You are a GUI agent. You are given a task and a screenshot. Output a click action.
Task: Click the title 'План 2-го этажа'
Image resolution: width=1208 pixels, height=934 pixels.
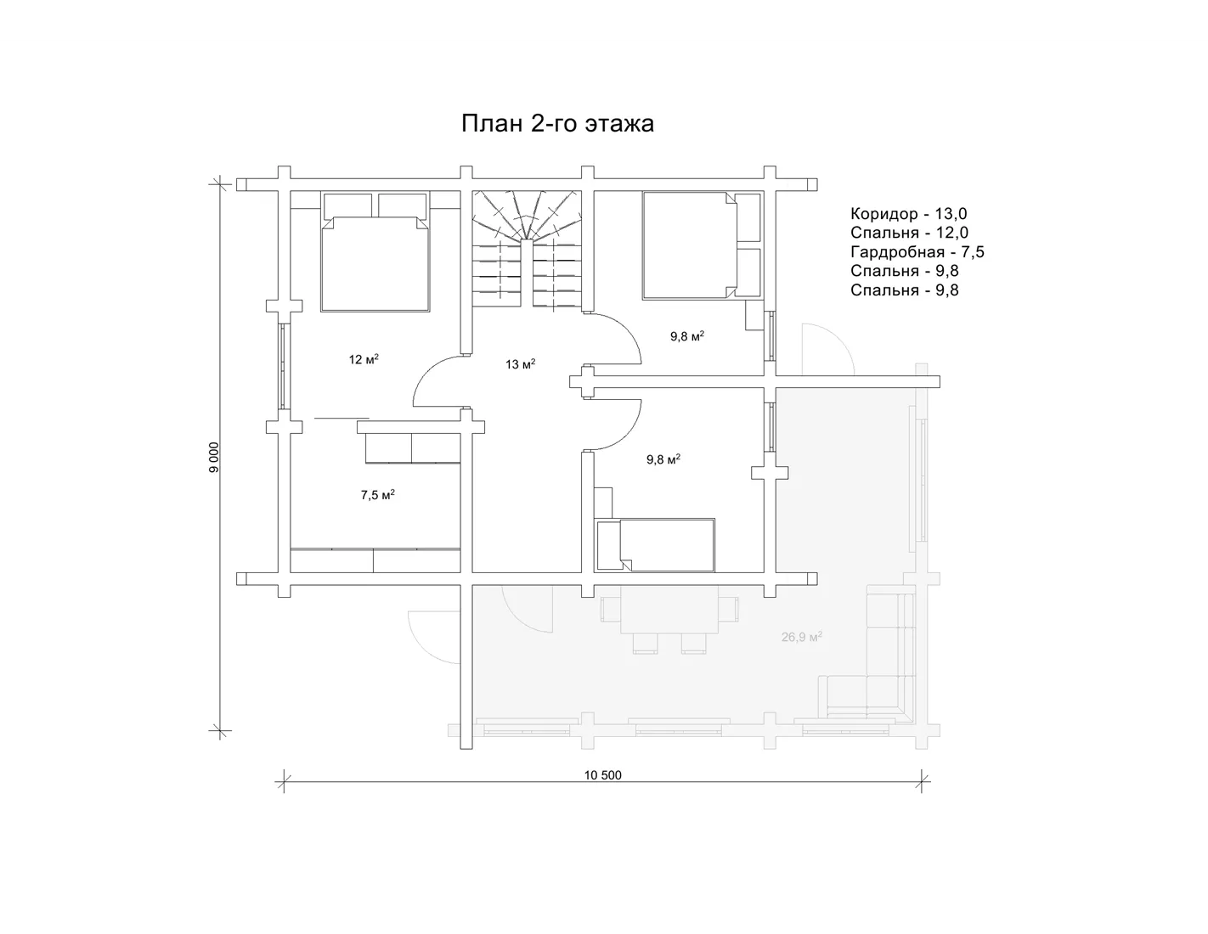point(557,123)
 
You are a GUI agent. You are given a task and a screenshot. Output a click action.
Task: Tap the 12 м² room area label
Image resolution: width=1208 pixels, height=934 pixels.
point(364,359)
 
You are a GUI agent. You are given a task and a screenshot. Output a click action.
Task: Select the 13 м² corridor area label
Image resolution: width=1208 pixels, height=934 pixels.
point(521,364)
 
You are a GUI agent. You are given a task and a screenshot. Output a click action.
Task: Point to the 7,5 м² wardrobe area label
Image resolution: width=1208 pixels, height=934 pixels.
point(378,494)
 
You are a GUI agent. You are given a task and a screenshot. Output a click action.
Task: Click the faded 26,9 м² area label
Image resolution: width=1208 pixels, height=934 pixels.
point(802,637)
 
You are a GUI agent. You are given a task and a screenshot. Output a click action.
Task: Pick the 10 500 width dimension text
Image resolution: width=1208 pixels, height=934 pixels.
point(602,775)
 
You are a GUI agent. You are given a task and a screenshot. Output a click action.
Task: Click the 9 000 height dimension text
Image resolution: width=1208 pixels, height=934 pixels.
point(215,458)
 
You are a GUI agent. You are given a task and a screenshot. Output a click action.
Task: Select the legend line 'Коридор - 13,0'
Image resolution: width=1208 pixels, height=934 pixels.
point(908,213)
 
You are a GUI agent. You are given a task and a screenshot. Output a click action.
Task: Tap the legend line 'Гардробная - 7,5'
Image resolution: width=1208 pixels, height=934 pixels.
point(917,251)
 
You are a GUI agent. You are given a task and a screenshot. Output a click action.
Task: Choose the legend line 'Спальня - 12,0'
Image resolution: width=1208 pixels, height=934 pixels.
point(909,233)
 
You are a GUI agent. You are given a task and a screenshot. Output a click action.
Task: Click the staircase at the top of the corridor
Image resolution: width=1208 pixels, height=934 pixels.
point(527,249)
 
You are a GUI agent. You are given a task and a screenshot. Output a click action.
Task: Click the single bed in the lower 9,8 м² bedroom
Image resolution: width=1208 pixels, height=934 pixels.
point(654,545)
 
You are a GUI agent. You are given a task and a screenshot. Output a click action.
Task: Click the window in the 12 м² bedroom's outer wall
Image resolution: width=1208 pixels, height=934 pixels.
point(284,366)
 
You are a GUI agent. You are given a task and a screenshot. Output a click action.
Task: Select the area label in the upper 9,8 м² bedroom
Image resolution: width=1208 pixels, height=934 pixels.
point(687,336)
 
